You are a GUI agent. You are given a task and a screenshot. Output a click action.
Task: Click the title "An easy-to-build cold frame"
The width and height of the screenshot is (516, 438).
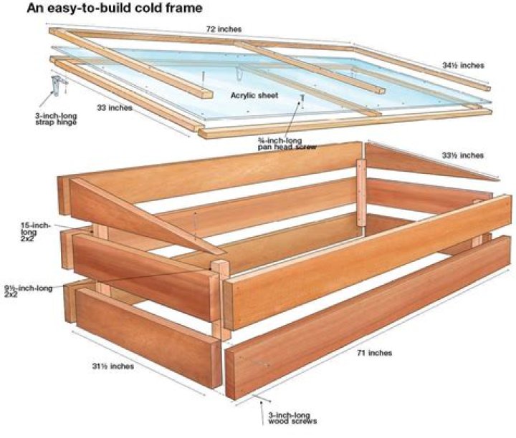coord(114,8)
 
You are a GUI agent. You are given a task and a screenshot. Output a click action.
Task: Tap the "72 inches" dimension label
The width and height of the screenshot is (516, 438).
coord(224,29)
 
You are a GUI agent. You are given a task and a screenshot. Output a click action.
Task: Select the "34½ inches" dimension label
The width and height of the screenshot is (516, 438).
coord(463,65)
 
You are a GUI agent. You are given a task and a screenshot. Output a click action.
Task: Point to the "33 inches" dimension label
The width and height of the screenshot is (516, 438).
coord(114,108)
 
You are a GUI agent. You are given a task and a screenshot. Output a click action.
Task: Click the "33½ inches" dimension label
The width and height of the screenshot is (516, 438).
coord(463,155)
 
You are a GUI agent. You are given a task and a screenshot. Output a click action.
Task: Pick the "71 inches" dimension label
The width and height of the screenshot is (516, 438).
coord(375,353)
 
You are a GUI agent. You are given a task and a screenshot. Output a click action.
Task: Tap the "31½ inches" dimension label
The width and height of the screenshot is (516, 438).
coord(113,366)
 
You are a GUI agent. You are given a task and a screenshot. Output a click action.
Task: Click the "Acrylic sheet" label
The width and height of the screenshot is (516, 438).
coord(254,96)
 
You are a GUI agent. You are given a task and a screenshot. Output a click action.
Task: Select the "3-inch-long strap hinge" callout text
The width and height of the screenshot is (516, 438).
coord(56,119)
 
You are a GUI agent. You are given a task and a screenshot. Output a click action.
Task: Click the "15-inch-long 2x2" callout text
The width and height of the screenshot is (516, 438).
coord(36,232)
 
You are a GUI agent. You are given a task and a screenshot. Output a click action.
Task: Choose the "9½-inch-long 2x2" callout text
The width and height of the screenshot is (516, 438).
coord(28,291)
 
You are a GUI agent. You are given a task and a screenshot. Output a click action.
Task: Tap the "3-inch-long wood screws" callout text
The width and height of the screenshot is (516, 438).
coord(292,418)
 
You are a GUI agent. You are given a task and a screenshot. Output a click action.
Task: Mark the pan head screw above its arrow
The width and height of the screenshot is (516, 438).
coord(302,98)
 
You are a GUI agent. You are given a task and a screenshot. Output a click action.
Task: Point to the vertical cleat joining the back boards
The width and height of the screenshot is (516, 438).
coord(361,193)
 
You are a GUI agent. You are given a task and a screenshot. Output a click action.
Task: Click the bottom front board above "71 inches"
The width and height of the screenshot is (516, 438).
coord(368,317)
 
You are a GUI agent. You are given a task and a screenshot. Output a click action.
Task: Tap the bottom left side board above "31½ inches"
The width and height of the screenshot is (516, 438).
coord(148,337)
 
